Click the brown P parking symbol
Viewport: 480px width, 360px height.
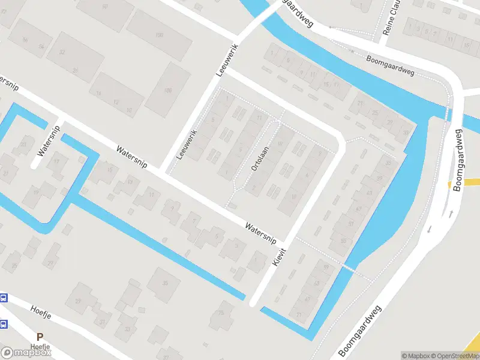pos(40,338)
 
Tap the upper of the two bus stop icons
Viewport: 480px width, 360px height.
pos(3,298)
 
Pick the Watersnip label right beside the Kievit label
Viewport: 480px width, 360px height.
pos(260,232)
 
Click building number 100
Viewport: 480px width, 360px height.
pos(159,35)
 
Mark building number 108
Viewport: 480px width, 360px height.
pos(167,91)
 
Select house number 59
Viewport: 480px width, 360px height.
pos(326,266)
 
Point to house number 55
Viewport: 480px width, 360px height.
pos(343,241)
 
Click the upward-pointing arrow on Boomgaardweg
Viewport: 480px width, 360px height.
pos(449,214)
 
